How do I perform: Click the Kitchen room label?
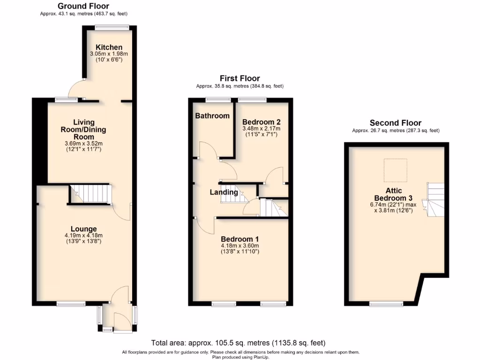tap(109, 47)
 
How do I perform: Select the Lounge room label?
tap(83, 229)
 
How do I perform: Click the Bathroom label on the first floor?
tap(212, 116)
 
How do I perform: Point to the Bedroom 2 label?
tap(261, 121)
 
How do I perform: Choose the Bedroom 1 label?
tap(240, 238)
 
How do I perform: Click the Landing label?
tap(224, 192)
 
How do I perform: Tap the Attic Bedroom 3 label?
tap(395, 194)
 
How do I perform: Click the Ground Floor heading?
tap(83, 6)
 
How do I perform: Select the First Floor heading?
tap(240, 78)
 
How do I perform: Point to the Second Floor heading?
tap(395, 123)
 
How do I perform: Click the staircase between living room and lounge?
tap(92, 194)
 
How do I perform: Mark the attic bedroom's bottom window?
tap(386, 305)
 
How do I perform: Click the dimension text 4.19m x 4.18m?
tap(83, 235)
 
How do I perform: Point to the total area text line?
tap(238, 343)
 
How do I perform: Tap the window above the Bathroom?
tap(218, 99)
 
